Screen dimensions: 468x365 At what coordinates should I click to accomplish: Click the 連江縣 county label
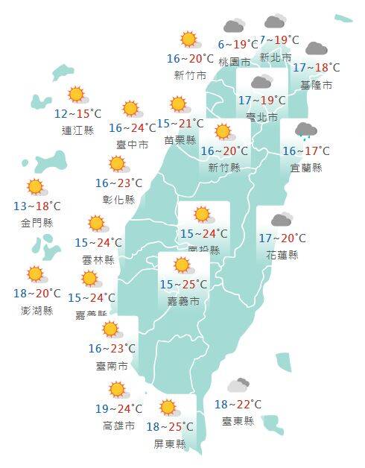(77, 130)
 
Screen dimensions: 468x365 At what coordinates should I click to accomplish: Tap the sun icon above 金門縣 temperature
(35, 187)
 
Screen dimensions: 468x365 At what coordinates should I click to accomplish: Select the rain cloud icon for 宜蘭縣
(306, 132)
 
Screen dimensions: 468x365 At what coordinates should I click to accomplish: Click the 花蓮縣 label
(282, 255)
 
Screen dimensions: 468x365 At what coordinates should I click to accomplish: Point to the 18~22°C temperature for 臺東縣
(238, 405)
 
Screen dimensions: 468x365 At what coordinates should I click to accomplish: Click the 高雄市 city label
(119, 426)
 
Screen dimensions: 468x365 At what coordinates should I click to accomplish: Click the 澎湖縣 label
(37, 310)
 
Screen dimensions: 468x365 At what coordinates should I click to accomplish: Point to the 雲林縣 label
(99, 259)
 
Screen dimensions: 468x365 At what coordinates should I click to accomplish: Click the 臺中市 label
(133, 144)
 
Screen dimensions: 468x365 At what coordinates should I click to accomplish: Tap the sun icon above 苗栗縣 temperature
(178, 104)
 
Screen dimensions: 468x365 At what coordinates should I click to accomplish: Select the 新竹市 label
(189, 75)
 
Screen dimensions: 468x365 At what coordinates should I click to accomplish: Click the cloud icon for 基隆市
(316, 49)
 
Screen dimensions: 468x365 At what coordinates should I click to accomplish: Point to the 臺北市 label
(261, 117)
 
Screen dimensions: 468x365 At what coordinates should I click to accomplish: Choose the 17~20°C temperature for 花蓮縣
(282, 239)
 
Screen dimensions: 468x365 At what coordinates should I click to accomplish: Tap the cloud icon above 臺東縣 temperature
(238, 385)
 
